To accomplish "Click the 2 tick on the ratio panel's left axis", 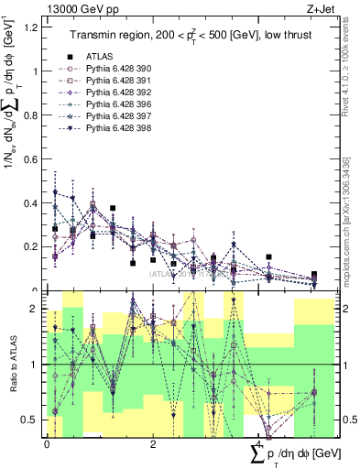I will (x=38, y=309).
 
